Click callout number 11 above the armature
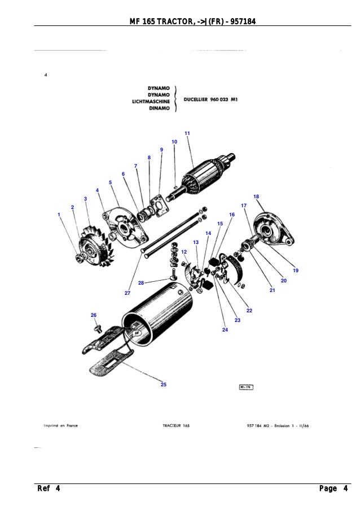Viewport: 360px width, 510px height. pyautogui.click(x=187, y=133)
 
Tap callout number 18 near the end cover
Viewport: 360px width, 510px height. pyautogui.click(x=256, y=197)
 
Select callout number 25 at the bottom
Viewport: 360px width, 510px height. pyautogui.click(x=164, y=385)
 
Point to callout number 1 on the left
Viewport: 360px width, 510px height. pyautogui.click(x=59, y=215)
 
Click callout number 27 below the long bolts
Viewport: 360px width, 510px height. pyautogui.click(x=128, y=294)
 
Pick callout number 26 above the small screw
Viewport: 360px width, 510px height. pyautogui.click(x=94, y=315)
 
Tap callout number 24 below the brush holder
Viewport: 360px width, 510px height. pyautogui.click(x=225, y=329)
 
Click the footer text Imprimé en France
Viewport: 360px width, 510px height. pyautogui.click(x=60, y=426)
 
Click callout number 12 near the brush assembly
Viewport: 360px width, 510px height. pyautogui.click(x=184, y=251)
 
